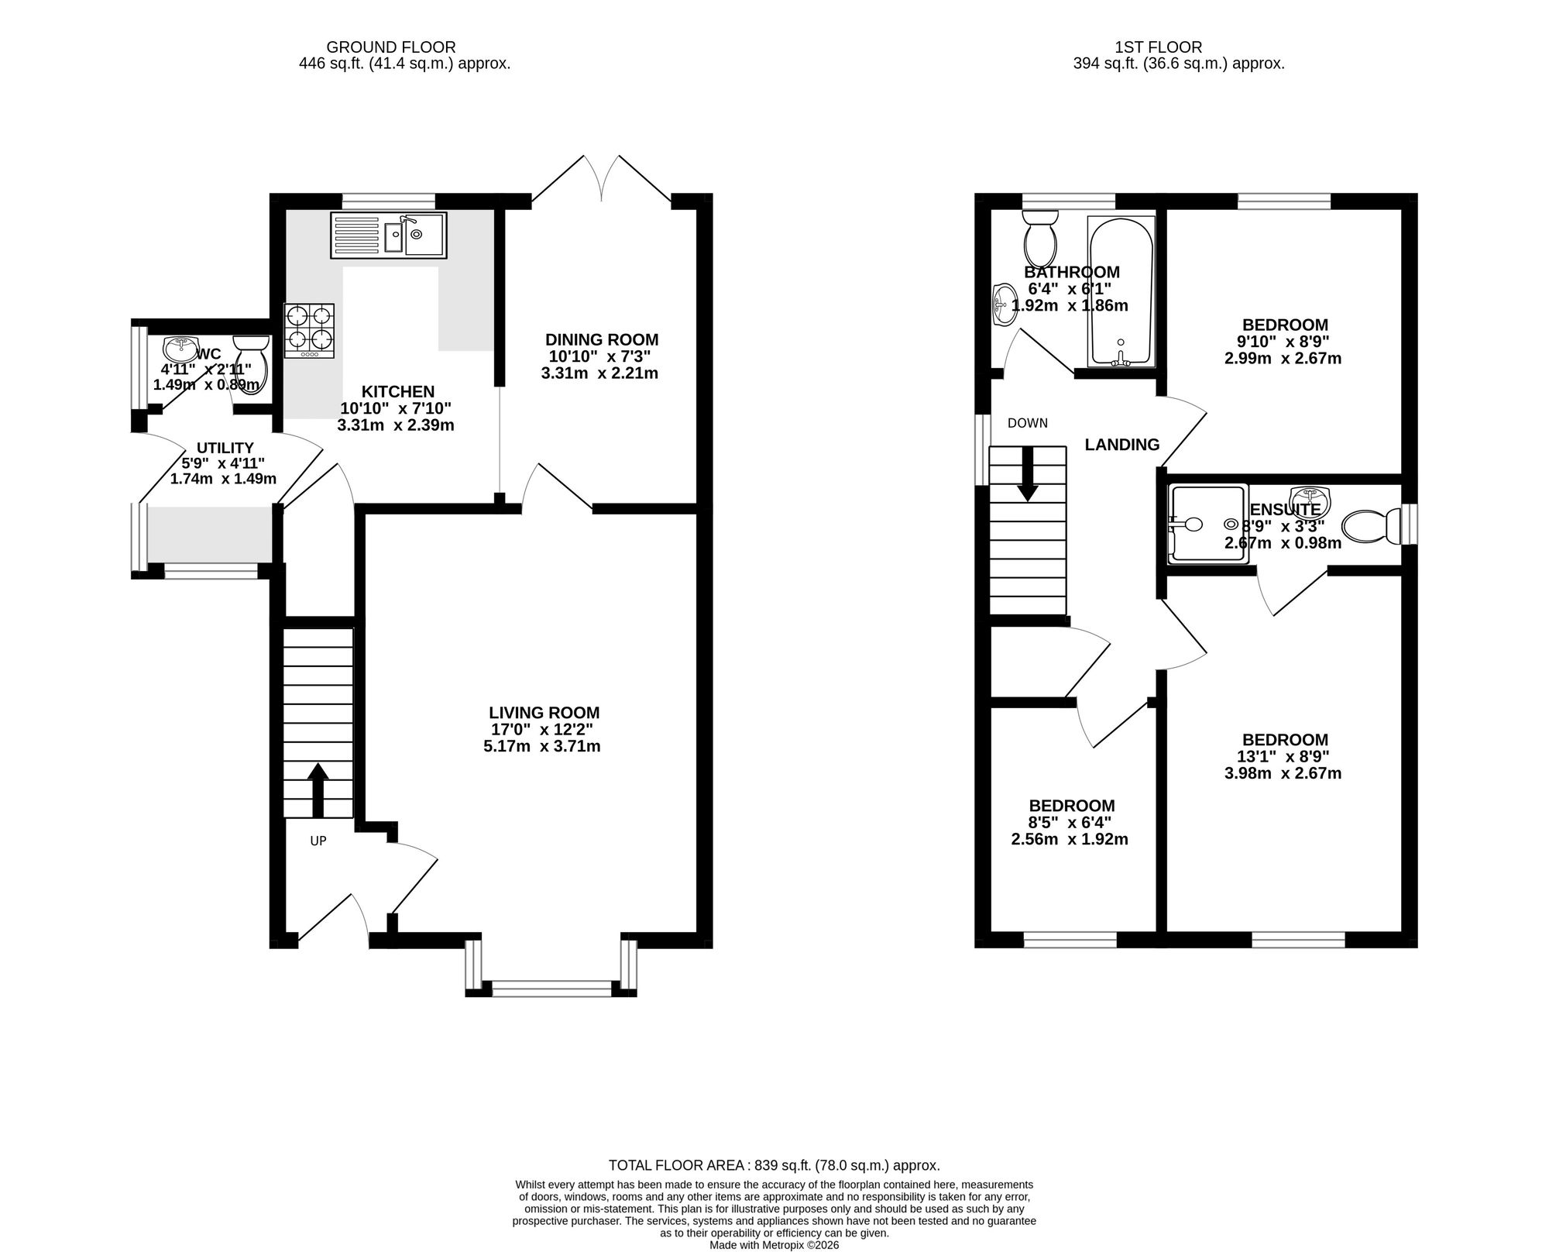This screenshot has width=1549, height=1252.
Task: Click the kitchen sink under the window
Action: coord(389,235)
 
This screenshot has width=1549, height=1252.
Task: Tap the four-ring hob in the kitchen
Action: coord(310,330)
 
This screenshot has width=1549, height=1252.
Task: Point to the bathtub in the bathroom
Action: coord(1121,291)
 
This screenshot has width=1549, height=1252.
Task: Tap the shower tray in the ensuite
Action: coord(1207,524)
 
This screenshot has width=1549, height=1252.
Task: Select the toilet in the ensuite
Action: coord(1371,526)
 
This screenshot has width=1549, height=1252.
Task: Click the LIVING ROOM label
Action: coord(544,713)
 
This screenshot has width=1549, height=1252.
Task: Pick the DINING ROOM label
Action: coord(602,339)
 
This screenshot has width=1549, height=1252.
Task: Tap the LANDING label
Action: coord(1122,445)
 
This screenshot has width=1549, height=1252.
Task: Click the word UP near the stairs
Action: coord(318,841)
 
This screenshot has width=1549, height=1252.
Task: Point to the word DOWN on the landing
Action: coord(1028,423)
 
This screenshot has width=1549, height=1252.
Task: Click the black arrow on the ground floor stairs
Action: coord(318,790)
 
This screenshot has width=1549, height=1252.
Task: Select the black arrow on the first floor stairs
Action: coord(1028,473)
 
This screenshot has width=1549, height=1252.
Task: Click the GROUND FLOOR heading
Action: coord(391,48)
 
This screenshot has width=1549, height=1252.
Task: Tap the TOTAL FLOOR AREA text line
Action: coord(774,1165)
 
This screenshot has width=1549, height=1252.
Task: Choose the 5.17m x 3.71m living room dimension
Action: coord(542,747)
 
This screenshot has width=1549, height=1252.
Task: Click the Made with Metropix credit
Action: coord(774,1245)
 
